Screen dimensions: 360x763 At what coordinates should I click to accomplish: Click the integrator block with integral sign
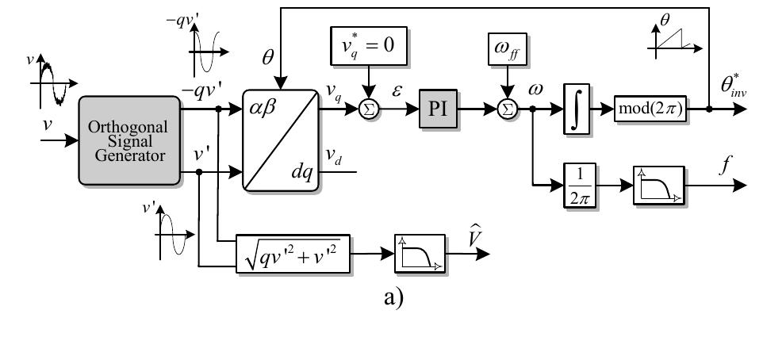[579, 111]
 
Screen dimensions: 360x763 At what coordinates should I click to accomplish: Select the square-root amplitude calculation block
[293, 253]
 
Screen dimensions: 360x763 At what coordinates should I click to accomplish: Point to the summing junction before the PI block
[367, 111]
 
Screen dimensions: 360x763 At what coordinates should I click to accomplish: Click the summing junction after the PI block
[506, 111]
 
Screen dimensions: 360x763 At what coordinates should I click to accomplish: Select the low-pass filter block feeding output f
[658, 186]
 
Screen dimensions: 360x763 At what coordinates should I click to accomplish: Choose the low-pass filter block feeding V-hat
[420, 254]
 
